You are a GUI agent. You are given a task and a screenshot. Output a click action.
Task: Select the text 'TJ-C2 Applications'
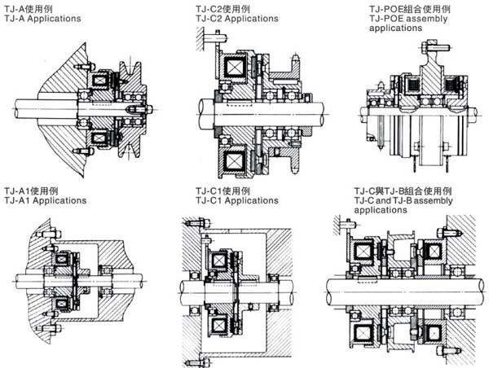click(x=236, y=17)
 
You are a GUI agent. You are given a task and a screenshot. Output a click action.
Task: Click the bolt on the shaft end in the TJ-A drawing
click(x=135, y=105)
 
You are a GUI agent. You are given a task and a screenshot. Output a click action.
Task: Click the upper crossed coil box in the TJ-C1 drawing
click(x=219, y=261)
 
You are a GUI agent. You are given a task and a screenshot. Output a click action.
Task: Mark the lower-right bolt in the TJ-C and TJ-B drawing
click(x=446, y=351)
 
